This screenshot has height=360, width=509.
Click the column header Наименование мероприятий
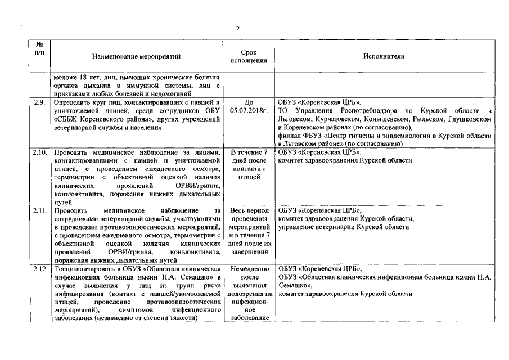tap(137, 56)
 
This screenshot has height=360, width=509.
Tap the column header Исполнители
tap(384, 56)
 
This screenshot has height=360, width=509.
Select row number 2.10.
tap(40, 152)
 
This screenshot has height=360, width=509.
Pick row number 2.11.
tap(40, 210)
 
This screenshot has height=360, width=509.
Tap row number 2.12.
tap(40, 269)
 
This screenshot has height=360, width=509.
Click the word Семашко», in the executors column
tap(296, 285)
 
